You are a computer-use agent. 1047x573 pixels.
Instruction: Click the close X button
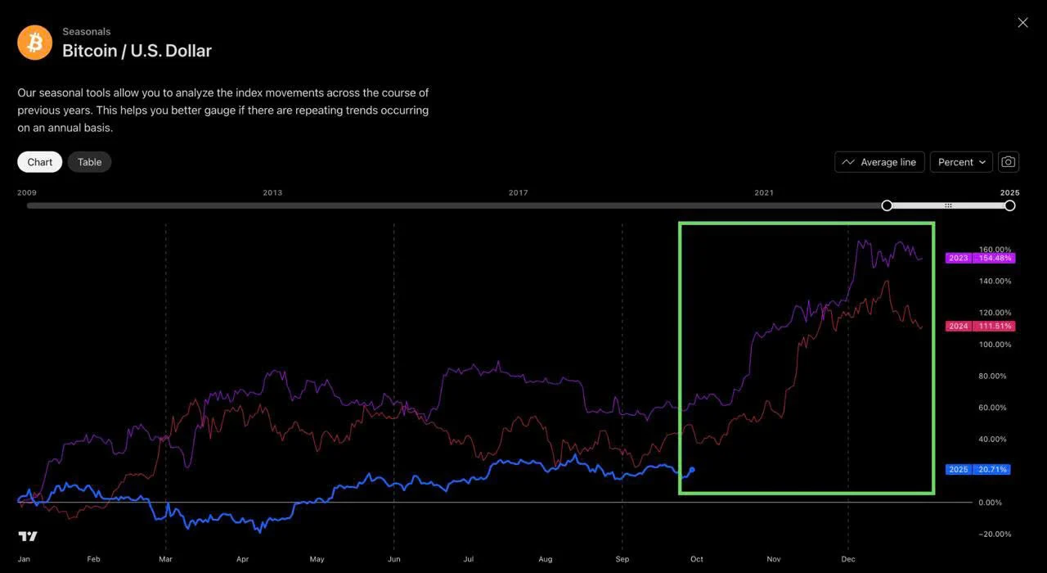point(1022,23)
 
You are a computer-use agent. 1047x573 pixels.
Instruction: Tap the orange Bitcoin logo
point(34,43)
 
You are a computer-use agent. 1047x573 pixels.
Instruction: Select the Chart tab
point(39,162)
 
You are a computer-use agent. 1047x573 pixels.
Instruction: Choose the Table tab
point(89,162)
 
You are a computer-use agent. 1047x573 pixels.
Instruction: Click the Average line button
point(879,162)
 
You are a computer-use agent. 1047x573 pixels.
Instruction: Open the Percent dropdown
point(961,162)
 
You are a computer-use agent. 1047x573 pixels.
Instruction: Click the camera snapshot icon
point(1009,162)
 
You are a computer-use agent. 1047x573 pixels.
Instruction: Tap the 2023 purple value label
point(979,258)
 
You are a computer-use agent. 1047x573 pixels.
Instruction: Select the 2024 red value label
point(979,326)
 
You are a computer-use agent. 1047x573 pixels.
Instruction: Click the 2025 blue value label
point(979,470)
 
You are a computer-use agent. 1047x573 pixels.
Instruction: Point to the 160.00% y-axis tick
point(995,250)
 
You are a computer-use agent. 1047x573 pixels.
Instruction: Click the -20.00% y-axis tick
point(995,535)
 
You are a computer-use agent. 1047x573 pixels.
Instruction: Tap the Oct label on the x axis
point(696,559)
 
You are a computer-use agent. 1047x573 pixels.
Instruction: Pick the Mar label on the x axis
point(166,559)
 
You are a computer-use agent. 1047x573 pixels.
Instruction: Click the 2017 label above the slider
point(518,193)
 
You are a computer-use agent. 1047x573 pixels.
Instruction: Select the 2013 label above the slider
point(272,193)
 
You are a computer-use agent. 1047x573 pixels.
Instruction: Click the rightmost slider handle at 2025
point(1010,205)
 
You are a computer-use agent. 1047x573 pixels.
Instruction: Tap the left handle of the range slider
point(887,205)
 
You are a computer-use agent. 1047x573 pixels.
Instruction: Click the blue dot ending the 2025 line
point(692,470)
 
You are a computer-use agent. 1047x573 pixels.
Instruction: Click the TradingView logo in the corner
point(28,536)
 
